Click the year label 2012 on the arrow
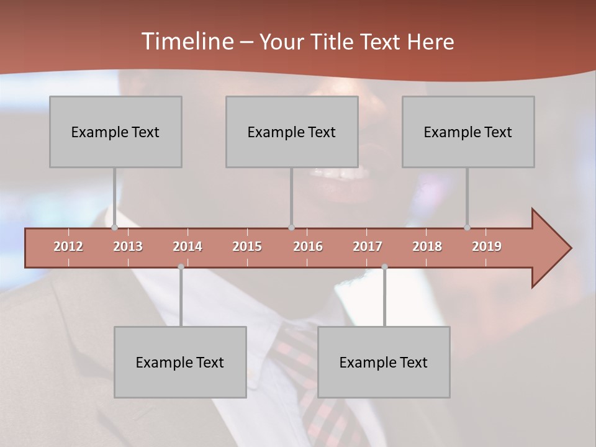click(x=68, y=246)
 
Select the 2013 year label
click(x=128, y=246)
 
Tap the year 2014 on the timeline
click(x=187, y=246)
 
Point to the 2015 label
click(x=247, y=246)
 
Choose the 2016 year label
click(x=308, y=246)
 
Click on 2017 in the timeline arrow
click(x=368, y=246)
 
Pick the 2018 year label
click(x=427, y=246)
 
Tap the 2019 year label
click(x=487, y=246)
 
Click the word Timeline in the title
click(x=186, y=42)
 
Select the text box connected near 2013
click(x=115, y=132)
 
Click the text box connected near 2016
click(x=292, y=132)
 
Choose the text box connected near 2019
click(x=468, y=132)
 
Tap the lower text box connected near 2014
click(x=180, y=362)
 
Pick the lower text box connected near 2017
click(x=384, y=362)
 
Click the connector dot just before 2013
click(x=115, y=227)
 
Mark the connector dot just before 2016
click(x=292, y=227)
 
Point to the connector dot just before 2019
click(x=467, y=227)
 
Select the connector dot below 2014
click(x=181, y=267)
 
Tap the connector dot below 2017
click(x=384, y=267)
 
